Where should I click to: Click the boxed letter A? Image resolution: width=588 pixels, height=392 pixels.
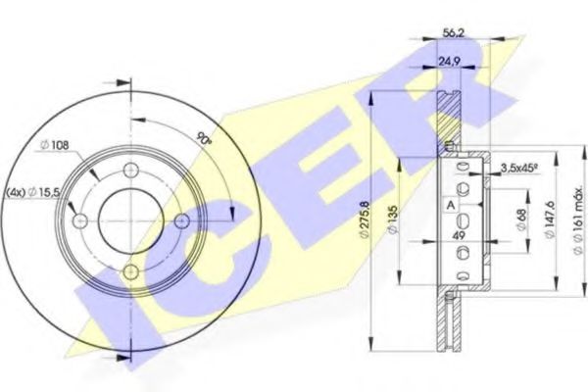[x=450, y=205]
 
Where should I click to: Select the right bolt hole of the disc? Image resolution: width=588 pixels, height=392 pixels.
[x=179, y=221]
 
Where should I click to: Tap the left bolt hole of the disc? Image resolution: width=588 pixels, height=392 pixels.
[x=82, y=222]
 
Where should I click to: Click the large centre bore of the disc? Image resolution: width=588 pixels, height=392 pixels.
[x=131, y=222]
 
